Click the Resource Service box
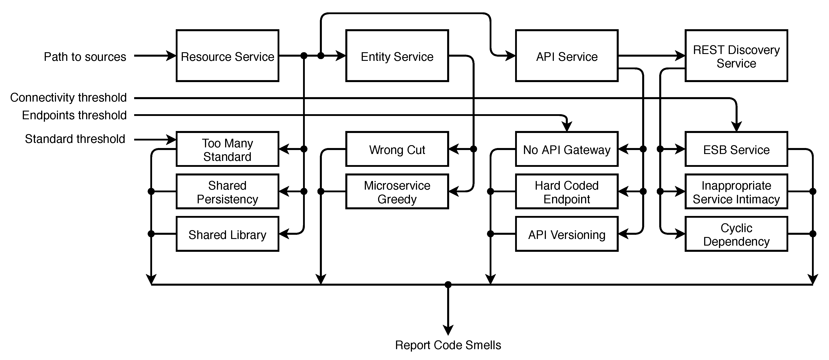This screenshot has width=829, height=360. click(x=227, y=56)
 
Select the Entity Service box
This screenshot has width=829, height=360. click(x=397, y=56)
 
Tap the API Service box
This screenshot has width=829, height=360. click(x=566, y=56)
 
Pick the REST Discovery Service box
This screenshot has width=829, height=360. click(x=736, y=56)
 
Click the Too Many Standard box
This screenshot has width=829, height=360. click(x=227, y=149)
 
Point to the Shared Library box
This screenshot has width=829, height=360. click(x=227, y=234)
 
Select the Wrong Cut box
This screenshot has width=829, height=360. click(x=397, y=149)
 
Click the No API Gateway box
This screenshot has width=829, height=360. click(x=566, y=149)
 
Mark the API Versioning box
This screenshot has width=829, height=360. click(x=566, y=234)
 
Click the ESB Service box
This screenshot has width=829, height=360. click(x=736, y=149)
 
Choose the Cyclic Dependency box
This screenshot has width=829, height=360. click(x=736, y=234)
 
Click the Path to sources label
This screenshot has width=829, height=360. click(x=85, y=57)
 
